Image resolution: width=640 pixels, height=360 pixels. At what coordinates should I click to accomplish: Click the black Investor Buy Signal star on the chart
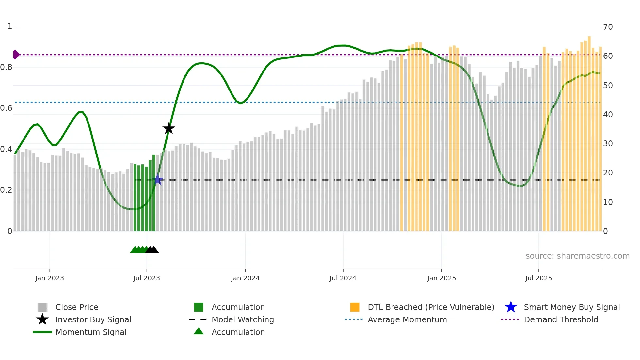169,128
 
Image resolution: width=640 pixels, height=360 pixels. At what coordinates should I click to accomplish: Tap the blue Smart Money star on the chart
158,179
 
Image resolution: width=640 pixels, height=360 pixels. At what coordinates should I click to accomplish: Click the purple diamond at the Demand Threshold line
16,55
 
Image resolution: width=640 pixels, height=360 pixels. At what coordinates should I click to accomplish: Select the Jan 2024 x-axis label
245,278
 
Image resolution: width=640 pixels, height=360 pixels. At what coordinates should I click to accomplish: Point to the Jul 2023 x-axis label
147,278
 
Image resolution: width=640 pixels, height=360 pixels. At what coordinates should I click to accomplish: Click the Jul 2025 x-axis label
538,278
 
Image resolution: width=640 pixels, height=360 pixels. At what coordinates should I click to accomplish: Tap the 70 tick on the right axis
608,27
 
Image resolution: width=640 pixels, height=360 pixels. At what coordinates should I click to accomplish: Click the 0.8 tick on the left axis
7,67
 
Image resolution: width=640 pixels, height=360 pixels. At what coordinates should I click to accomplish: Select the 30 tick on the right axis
608,144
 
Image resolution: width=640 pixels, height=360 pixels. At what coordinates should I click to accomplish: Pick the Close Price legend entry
77,307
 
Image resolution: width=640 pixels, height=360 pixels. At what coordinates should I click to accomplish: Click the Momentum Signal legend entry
91,332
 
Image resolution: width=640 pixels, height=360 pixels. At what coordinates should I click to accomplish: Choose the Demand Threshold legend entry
561,319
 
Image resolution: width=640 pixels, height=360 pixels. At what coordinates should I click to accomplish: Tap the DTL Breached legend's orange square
355,307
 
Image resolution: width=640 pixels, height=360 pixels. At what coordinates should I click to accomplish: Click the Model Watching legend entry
243,319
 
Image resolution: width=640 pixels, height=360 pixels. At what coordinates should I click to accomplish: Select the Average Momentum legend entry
407,319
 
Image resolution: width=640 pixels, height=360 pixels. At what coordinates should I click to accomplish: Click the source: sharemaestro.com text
577,256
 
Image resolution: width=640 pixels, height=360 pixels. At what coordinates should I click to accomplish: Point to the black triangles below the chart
152,250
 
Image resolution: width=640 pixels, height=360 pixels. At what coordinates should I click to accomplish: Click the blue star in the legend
511,307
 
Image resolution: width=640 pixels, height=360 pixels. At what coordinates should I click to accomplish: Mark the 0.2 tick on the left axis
7,190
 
